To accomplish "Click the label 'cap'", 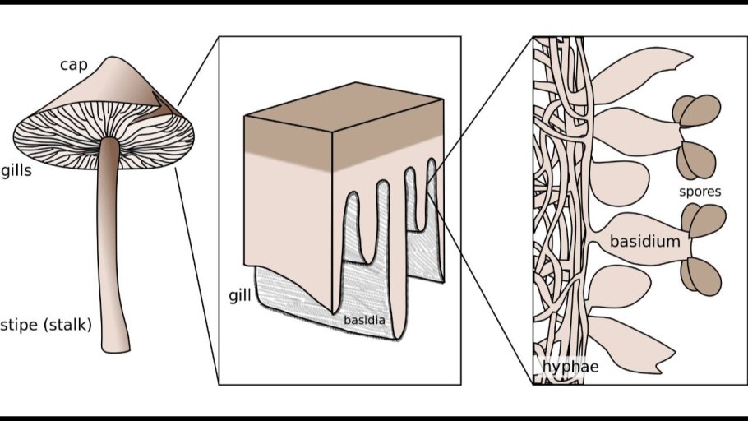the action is pos(74,64).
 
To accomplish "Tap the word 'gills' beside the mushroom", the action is pos(16,171).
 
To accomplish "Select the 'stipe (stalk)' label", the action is pos(46,325).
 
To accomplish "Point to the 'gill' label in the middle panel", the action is pos(240,296).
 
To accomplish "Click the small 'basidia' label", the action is pos(364,320).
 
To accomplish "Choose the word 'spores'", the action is pos(700,192).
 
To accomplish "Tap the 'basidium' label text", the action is pos(645,241).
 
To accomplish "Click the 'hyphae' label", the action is pos(570,367).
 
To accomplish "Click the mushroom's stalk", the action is pos(111,243).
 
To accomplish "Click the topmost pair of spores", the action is pos(696,111).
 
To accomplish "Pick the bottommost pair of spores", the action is pos(700,276).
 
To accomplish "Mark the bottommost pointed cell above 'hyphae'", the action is pos(630,344).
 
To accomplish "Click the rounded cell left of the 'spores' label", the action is pos(619,183).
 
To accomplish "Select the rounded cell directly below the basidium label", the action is pos(619,287).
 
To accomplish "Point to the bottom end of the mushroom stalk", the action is pos(115,351).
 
